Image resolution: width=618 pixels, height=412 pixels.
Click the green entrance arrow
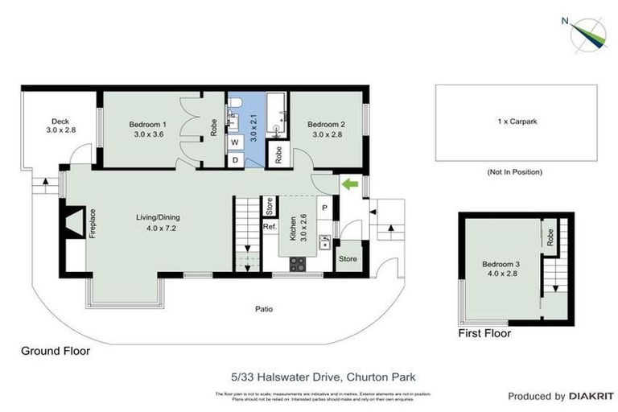[350, 184]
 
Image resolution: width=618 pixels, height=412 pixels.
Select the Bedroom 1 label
[148, 125]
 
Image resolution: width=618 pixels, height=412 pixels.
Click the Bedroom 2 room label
[326, 125]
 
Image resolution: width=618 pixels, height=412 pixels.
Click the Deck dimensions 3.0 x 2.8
[60, 130]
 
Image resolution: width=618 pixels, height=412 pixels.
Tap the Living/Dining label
[158, 217]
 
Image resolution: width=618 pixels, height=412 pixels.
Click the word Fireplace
[92, 223]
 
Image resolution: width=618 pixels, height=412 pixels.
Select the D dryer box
[236, 159]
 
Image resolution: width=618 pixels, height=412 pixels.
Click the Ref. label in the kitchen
[270, 227]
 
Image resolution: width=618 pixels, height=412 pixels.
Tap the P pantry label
[325, 206]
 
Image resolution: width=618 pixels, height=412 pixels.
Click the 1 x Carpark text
[517, 122]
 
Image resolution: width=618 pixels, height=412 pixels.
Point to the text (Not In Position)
[516, 172]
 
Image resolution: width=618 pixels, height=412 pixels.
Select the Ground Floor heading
[56, 351]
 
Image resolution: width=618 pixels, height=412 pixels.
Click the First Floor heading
[484, 332]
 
